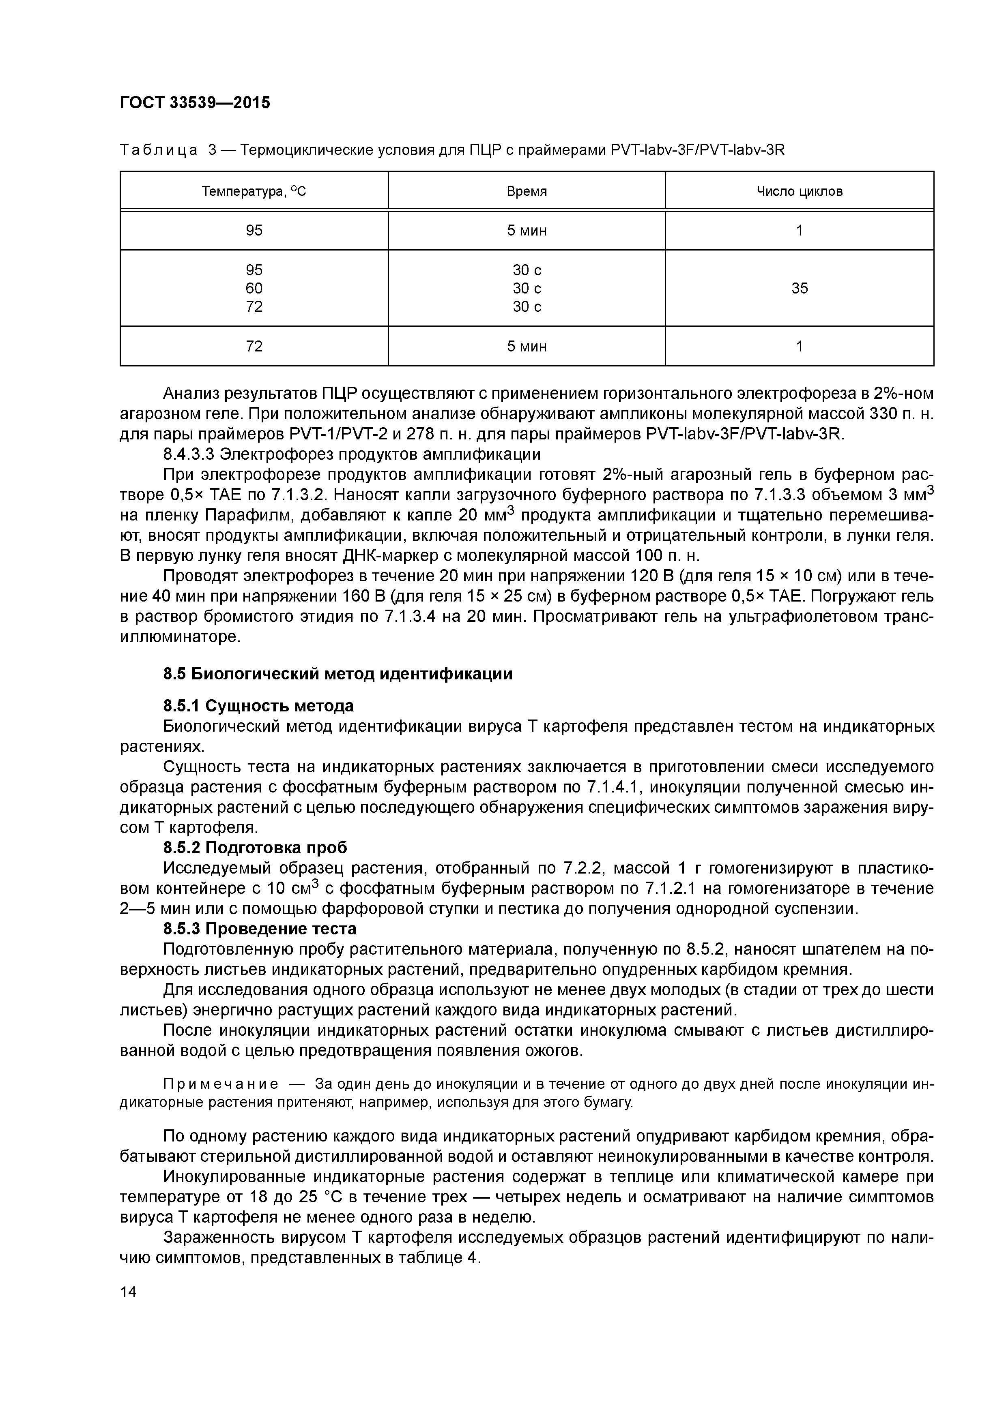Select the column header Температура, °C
254,191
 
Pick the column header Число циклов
799,191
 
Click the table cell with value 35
799,288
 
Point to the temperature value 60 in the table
254,288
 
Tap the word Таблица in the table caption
159,150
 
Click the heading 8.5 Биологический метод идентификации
338,674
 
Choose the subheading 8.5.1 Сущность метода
258,706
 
